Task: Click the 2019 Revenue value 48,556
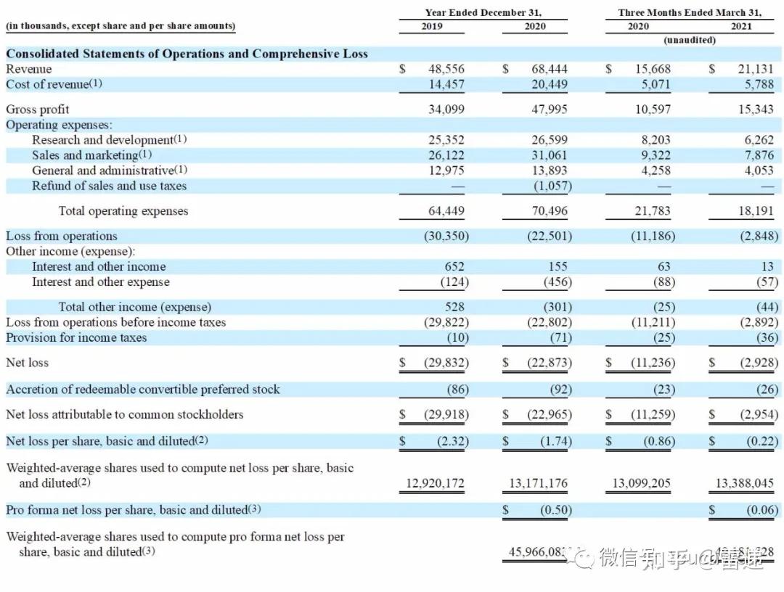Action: [x=447, y=69]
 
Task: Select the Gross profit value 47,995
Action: [x=550, y=110]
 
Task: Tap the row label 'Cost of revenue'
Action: [x=54, y=84]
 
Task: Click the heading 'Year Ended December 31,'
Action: [x=483, y=12]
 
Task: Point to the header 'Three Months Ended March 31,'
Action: [x=690, y=12]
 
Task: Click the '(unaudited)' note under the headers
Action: [x=690, y=40]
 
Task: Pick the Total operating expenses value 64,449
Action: [x=447, y=211]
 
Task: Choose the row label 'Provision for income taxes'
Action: [x=76, y=337]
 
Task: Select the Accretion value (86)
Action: [x=458, y=390]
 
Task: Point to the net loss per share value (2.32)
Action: [x=452, y=441]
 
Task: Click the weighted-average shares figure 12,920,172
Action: [x=432, y=483]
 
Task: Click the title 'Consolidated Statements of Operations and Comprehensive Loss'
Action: [x=187, y=54]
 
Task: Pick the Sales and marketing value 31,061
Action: [x=550, y=155]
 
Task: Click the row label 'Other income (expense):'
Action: [x=70, y=251]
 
